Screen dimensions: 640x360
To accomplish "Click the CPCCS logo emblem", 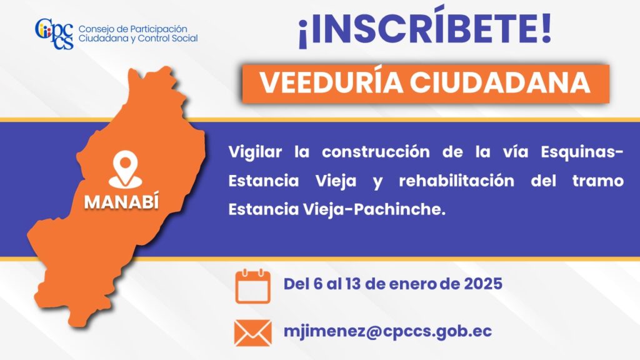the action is point(54,34).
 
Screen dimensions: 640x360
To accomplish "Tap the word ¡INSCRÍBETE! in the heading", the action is point(425,27).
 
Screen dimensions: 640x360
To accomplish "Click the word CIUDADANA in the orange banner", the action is point(499,83).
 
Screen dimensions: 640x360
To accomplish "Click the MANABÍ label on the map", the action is point(121,201).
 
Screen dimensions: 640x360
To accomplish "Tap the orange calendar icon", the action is point(252,286).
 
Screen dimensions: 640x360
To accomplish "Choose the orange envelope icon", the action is point(252,332).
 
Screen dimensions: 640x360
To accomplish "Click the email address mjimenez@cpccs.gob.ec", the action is point(387,331).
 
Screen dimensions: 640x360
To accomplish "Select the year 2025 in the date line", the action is point(483,284).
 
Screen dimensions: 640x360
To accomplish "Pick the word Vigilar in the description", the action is point(255,152).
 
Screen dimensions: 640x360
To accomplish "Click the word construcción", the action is point(376,152).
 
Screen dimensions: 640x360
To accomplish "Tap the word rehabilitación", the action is point(456,181).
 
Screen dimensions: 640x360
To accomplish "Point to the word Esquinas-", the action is point(582,152).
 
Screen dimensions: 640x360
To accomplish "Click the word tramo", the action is point(598,181).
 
